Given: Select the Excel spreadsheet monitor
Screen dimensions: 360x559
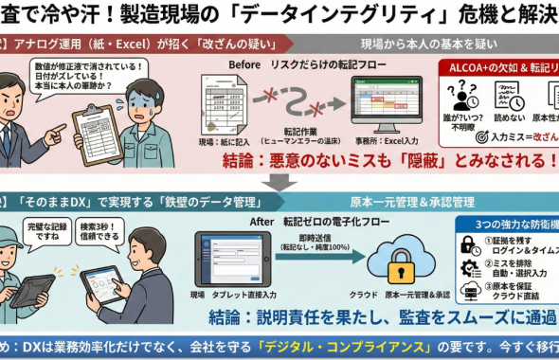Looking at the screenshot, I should [x=388, y=100].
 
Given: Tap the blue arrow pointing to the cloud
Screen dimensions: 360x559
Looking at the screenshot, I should [x=321, y=258].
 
